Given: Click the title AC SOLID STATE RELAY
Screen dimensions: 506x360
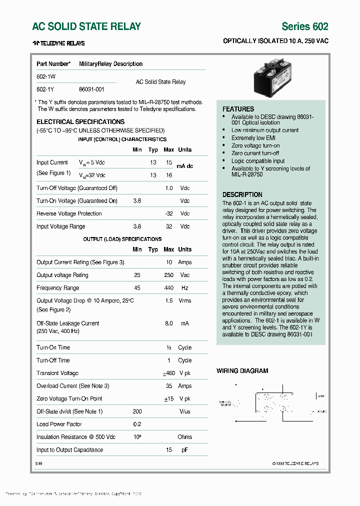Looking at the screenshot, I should click(86, 26).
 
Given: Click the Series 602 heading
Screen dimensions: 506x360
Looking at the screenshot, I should click(304, 26).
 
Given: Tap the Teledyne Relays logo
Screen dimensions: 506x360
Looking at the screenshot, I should click(58, 43).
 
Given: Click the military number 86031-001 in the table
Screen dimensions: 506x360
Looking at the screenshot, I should click(91, 89).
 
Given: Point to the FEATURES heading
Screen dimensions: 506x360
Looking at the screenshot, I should click(238, 109).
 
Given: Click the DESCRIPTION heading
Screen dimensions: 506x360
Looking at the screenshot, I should click(242, 194).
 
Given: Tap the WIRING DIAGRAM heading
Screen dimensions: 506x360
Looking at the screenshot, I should click(242, 371).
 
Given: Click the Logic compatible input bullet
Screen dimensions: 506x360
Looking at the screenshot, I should click(257, 161).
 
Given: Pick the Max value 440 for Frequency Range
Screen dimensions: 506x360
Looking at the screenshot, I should click(168, 288).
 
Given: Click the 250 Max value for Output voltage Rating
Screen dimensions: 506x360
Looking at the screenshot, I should click(168, 275).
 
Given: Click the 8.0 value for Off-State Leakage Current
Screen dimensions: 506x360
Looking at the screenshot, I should click(168, 323).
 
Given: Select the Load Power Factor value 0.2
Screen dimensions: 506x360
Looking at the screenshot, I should click(137, 424).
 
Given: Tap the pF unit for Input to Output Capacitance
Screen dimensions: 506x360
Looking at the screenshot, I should click(184, 450).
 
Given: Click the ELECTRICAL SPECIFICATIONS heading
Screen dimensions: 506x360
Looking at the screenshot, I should click(80, 121).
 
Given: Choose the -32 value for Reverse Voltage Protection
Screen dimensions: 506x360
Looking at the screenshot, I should click(168, 213).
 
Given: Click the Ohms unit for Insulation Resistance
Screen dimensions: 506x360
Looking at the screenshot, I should click(184, 437).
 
